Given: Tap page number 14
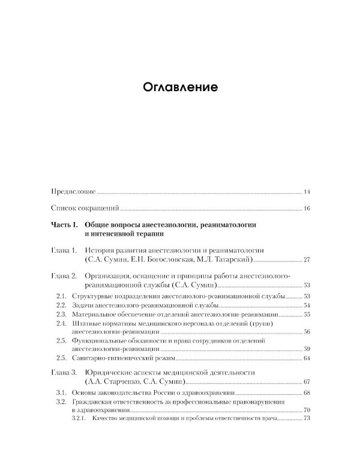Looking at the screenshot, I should tap(306, 192).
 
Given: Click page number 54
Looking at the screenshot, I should tap(306, 305).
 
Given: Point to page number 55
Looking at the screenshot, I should tap(306, 314).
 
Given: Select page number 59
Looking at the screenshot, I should tap(306, 349).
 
